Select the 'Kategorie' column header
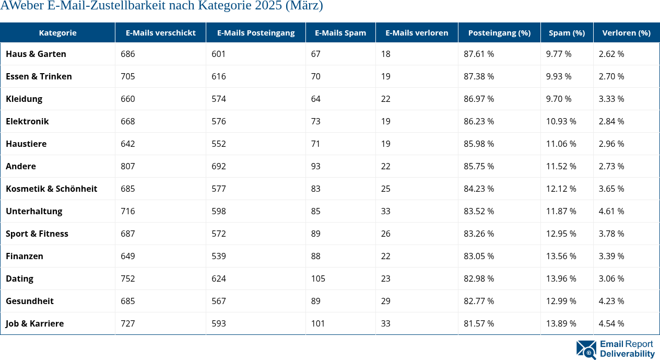coord(57,32)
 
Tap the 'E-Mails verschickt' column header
coord(160,32)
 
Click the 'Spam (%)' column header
coord(567,32)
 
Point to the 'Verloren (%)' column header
coord(626,32)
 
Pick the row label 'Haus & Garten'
coord(36,54)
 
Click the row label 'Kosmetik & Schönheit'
coord(51,189)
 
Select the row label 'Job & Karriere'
coord(34,323)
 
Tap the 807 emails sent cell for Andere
coord(127,166)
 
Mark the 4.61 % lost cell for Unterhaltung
coord(611,211)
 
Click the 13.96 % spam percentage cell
coord(561,278)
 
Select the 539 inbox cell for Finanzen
coord(219,256)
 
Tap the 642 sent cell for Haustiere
coord(127,144)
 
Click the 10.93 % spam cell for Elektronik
coord(561,121)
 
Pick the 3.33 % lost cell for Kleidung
coord(611,99)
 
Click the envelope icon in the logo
coord(586,350)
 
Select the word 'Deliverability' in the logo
coord(627,354)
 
